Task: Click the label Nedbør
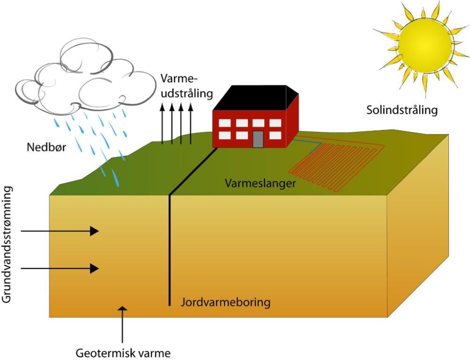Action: click(46, 147)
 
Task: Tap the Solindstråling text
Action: click(402, 110)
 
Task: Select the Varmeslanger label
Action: click(260, 183)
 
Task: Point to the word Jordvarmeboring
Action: click(225, 302)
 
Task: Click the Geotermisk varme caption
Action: click(123, 353)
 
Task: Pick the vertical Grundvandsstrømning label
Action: click(7, 244)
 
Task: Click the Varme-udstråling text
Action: click(186, 86)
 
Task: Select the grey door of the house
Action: click(258, 139)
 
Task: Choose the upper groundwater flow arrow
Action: click(60, 231)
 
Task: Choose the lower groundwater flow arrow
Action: click(60, 268)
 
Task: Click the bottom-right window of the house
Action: click(275, 135)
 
